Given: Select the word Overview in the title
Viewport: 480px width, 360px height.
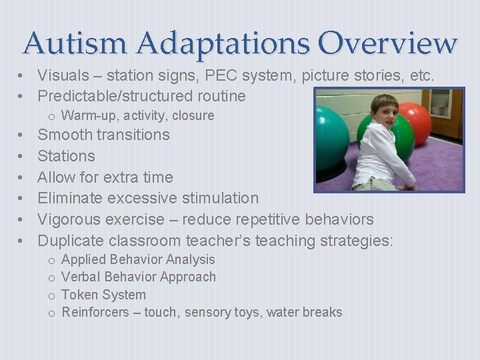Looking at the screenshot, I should point(387,43).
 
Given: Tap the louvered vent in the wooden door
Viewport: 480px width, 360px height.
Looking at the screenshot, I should point(439,103).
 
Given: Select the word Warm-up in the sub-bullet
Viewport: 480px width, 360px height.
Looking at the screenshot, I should point(85,115).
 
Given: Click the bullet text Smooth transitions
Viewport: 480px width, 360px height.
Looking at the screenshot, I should point(103,135).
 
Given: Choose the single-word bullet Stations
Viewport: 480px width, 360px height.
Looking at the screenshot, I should point(66,156).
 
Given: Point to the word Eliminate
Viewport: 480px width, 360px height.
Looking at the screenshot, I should point(70,198).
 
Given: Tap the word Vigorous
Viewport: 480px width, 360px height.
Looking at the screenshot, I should point(67,219).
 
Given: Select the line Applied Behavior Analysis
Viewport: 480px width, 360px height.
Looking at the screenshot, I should point(138,259).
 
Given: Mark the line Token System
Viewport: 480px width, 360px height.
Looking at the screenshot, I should point(103,295).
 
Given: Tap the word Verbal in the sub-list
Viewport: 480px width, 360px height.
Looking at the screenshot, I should point(80,277).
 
